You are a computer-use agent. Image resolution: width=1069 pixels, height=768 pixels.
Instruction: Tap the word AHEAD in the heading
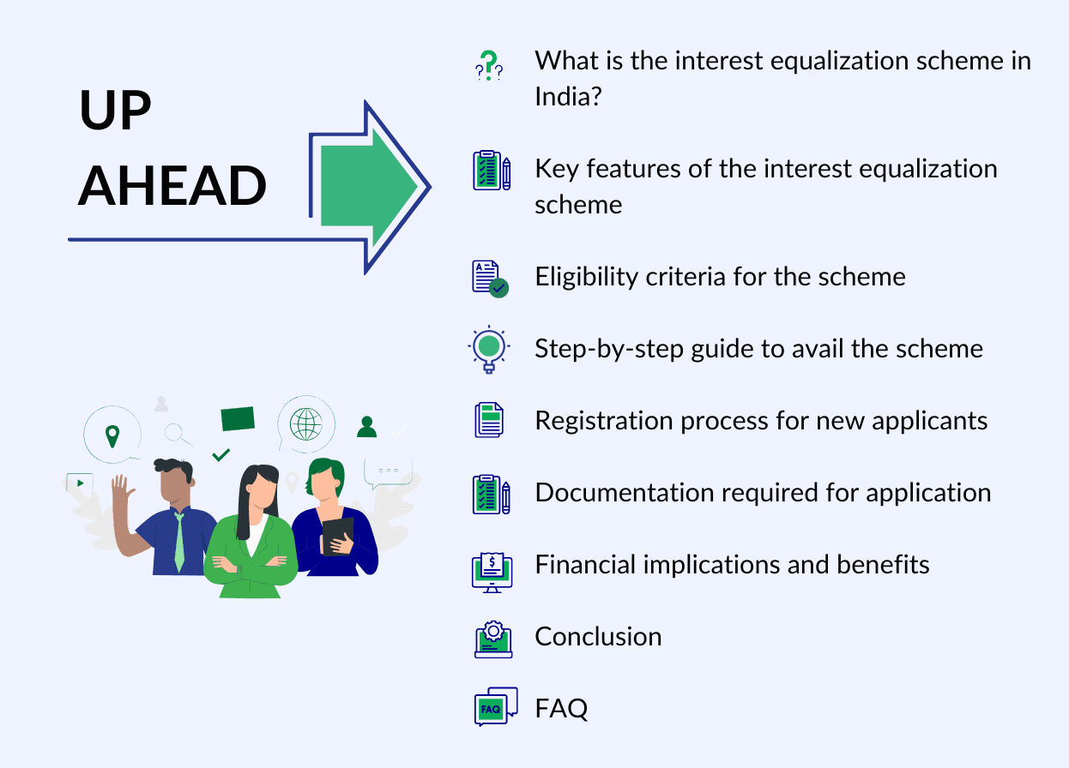pyautogui.click(x=172, y=185)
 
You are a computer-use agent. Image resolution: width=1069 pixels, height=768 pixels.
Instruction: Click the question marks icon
pyautogui.click(x=489, y=66)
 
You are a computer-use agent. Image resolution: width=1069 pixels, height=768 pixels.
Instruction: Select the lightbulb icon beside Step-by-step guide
pyautogui.click(x=489, y=348)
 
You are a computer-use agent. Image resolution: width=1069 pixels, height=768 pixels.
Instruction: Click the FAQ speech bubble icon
pyautogui.click(x=495, y=707)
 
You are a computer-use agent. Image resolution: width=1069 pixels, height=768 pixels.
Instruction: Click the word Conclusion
pyautogui.click(x=598, y=636)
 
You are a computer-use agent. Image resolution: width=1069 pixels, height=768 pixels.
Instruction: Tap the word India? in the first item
pyautogui.click(x=567, y=96)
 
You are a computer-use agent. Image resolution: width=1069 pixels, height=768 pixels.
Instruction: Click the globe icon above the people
pyautogui.click(x=306, y=423)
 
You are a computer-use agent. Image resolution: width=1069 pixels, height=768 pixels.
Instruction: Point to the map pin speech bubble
pyautogui.click(x=112, y=435)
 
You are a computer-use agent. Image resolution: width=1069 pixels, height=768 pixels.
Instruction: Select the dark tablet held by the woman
pyautogui.click(x=337, y=536)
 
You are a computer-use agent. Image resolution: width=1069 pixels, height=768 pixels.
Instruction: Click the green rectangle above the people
pyautogui.click(x=238, y=419)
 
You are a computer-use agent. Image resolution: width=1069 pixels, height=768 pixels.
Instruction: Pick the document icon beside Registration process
pyautogui.click(x=489, y=421)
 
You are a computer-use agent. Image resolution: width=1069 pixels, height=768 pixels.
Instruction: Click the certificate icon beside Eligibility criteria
pyautogui.click(x=490, y=279)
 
